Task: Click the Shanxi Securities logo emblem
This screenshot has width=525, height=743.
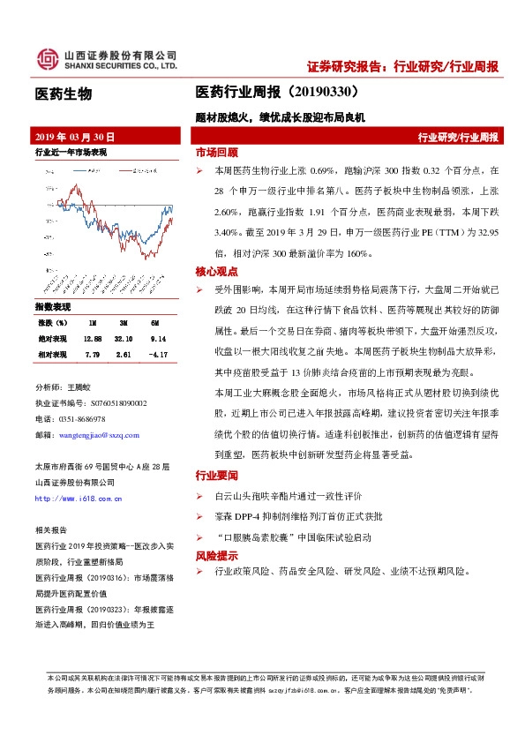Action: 48,59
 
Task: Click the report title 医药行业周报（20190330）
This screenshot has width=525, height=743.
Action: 276,91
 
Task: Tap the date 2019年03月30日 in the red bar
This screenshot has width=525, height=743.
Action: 75,138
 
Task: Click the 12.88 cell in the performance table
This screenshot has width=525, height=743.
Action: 93,338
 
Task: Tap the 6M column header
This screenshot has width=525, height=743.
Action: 154,324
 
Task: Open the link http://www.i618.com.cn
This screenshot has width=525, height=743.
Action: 75,499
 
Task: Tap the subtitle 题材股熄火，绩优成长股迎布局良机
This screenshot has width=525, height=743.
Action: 280,116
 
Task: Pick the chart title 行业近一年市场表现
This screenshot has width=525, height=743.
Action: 71,153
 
